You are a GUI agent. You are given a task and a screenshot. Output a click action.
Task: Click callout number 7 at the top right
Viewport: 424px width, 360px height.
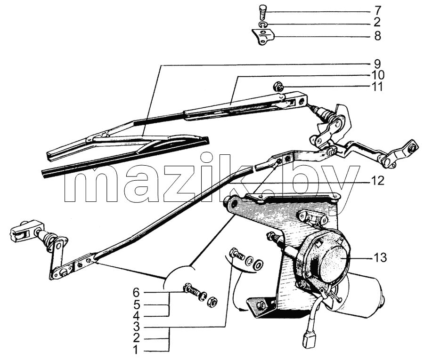click(377, 11)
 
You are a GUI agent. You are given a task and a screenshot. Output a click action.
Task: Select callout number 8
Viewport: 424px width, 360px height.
click(377, 36)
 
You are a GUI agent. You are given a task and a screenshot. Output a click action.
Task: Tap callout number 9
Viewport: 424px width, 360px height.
click(377, 64)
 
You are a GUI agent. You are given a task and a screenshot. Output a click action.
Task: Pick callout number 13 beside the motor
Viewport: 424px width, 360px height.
click(380, 257)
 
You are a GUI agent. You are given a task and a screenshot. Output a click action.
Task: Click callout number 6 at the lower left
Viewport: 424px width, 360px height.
click(136, 292)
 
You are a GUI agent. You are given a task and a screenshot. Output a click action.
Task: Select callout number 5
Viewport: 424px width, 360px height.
click(136, 305)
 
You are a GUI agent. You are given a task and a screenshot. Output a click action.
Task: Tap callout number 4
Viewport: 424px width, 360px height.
click(136, 316)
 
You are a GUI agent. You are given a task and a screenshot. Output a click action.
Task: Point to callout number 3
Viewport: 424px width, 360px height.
click(136, 328)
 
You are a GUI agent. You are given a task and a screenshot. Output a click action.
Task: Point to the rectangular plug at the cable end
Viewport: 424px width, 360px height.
click(307, 340)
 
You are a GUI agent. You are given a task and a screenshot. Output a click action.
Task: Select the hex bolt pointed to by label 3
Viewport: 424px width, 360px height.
click(236, 255)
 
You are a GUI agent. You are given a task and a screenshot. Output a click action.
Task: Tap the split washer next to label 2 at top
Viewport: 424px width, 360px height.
click(263, 24)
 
